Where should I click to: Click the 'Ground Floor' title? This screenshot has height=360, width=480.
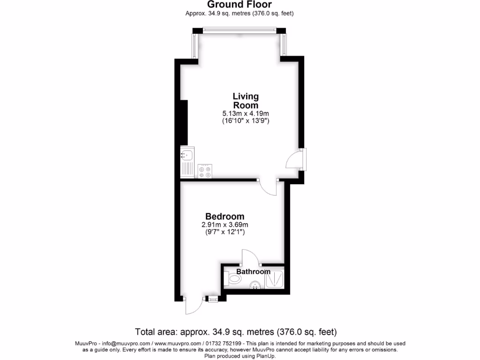click(240, 5)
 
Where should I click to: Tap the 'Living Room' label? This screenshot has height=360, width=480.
click(246, 101)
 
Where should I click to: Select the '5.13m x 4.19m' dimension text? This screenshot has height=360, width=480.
click(246, 113)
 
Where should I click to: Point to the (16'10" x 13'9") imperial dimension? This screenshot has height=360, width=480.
click(246, 121)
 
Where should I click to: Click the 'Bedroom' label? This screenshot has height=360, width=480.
click(225, 217)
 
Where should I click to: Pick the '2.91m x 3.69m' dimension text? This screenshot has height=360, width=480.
click(225, 225)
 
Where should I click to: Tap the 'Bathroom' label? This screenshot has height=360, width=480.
click(253, 272)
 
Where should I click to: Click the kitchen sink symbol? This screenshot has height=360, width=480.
click(187, 162)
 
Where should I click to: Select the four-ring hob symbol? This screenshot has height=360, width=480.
click(205, 171)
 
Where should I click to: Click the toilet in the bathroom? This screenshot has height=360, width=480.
click(232, 280)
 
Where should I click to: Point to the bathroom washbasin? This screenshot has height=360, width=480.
click(255, 284)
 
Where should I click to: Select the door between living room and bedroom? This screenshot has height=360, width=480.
click(268, 186)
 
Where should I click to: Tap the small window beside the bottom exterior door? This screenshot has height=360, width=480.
click(213, 298)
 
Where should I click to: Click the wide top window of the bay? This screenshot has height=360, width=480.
click(240, 31)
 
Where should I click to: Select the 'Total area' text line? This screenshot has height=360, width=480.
click(236, 332)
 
